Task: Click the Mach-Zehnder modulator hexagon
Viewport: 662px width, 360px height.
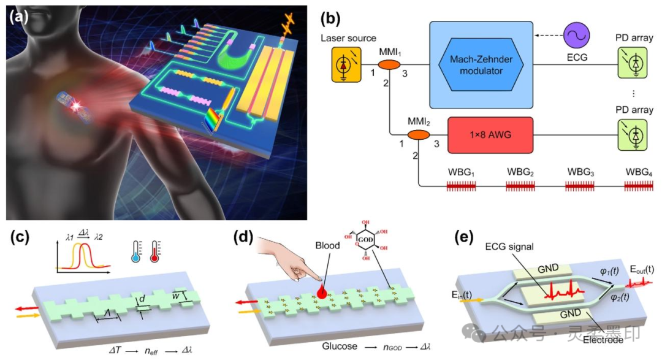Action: (481, 64)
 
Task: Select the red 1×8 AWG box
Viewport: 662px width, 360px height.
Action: (490, 135)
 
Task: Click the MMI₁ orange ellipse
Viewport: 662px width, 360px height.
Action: (389, 64)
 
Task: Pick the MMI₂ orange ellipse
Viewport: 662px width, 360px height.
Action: (419, 135)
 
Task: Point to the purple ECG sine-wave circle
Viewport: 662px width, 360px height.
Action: (576, 36)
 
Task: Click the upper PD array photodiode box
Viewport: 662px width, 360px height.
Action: (632, 63)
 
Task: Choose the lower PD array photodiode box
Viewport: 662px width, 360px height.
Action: (632, 135)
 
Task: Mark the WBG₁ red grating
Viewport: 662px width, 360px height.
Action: (462, 186)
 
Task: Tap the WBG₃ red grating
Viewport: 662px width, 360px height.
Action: (580, 186)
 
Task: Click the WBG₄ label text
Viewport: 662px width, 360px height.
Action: (639, 172)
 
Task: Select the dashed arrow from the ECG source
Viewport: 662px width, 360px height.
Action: (549, 36)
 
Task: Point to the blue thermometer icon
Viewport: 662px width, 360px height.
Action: (136, 252)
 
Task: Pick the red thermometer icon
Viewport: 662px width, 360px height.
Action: (155, 252)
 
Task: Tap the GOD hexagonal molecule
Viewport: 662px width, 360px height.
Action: (365, 240)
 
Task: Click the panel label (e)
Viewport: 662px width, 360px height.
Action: (463, 237)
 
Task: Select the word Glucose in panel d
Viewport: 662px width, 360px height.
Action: (340, 347)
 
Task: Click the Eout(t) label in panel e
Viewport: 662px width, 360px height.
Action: (641, 269)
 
